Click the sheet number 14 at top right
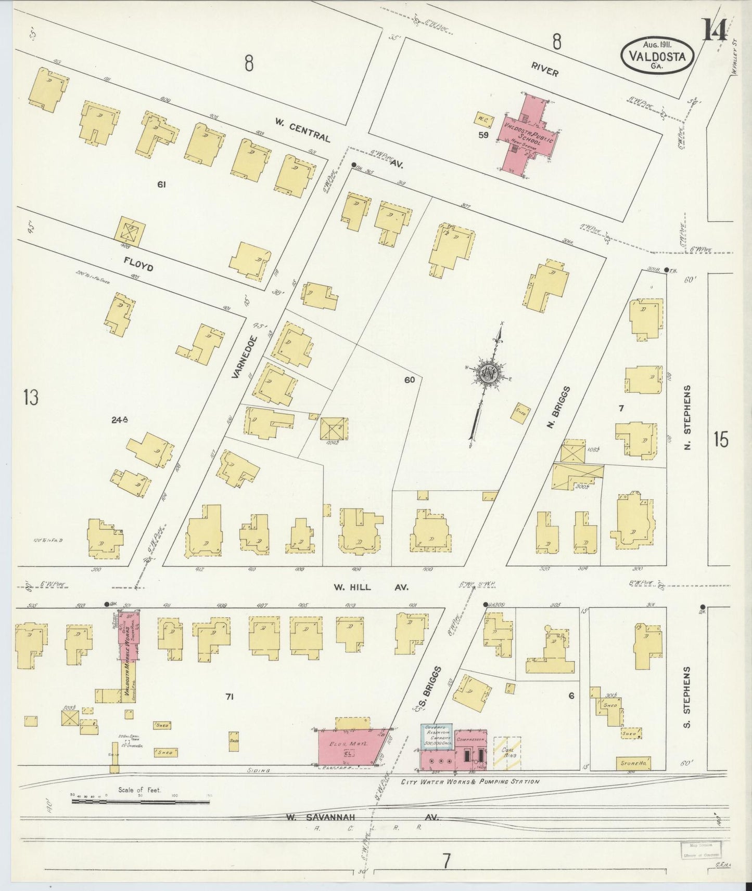[x=715, y=30]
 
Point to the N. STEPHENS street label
[x=687, y=417]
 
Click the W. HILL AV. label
[x=371, y=587]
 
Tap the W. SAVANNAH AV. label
[x=362, y=817]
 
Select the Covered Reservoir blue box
[x=437, y=736]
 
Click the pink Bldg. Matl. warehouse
[x=352, y=745]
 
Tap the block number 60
[x=409, y=380]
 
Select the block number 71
[x=229, y=697]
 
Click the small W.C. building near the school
[x=483, y=120]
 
